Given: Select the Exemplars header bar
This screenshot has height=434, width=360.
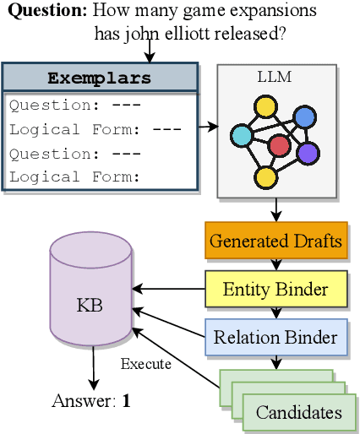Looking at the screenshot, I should tap(100, 79).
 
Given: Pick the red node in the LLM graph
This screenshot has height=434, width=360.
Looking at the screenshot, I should tap(279, 146).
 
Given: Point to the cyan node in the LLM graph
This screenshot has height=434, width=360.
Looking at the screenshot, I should tap(241, 135).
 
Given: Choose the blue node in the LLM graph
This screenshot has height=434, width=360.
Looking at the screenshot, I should tap(303, 117).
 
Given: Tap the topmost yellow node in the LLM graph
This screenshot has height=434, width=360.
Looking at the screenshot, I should tap(266, 106).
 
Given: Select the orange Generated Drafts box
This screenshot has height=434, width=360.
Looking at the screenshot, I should tap(275, 241).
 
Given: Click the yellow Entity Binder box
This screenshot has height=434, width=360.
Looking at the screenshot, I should tap(275, 290).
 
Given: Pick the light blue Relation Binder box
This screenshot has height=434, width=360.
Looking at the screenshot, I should tap(275, 338).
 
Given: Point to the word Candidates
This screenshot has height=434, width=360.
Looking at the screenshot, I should tap(299, 412).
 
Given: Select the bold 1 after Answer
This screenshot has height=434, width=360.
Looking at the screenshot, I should tap(126, 401).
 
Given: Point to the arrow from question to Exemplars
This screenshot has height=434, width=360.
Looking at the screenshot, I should tap(150, 53).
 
